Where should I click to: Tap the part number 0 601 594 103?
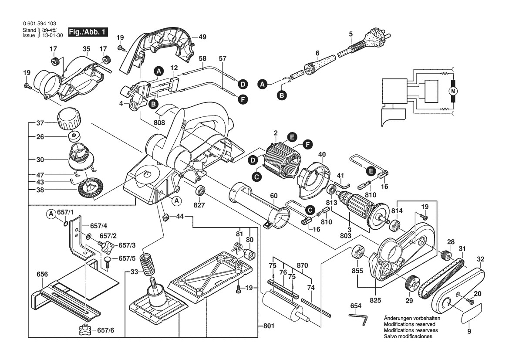(39, 24)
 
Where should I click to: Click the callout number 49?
(202, 37)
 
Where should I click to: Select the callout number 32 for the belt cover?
(480, 258)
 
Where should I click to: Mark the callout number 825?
(375, 300)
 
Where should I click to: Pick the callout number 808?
(160, 123)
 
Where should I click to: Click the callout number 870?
(302, 265)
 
